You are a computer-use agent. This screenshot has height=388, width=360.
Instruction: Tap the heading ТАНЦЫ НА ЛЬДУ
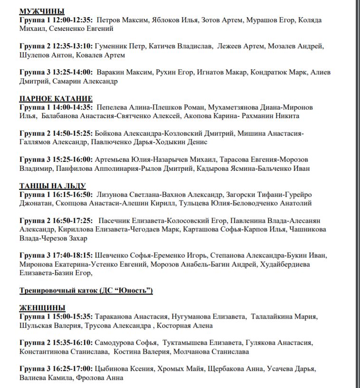53,186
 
